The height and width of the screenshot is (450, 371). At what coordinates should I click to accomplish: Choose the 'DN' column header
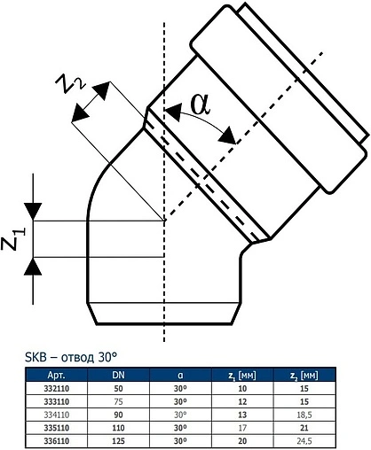click(118, 375)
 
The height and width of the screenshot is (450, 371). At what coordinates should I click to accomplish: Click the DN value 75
click(118, 400)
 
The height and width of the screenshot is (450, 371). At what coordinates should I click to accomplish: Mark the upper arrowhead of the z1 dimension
click(32, 212)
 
